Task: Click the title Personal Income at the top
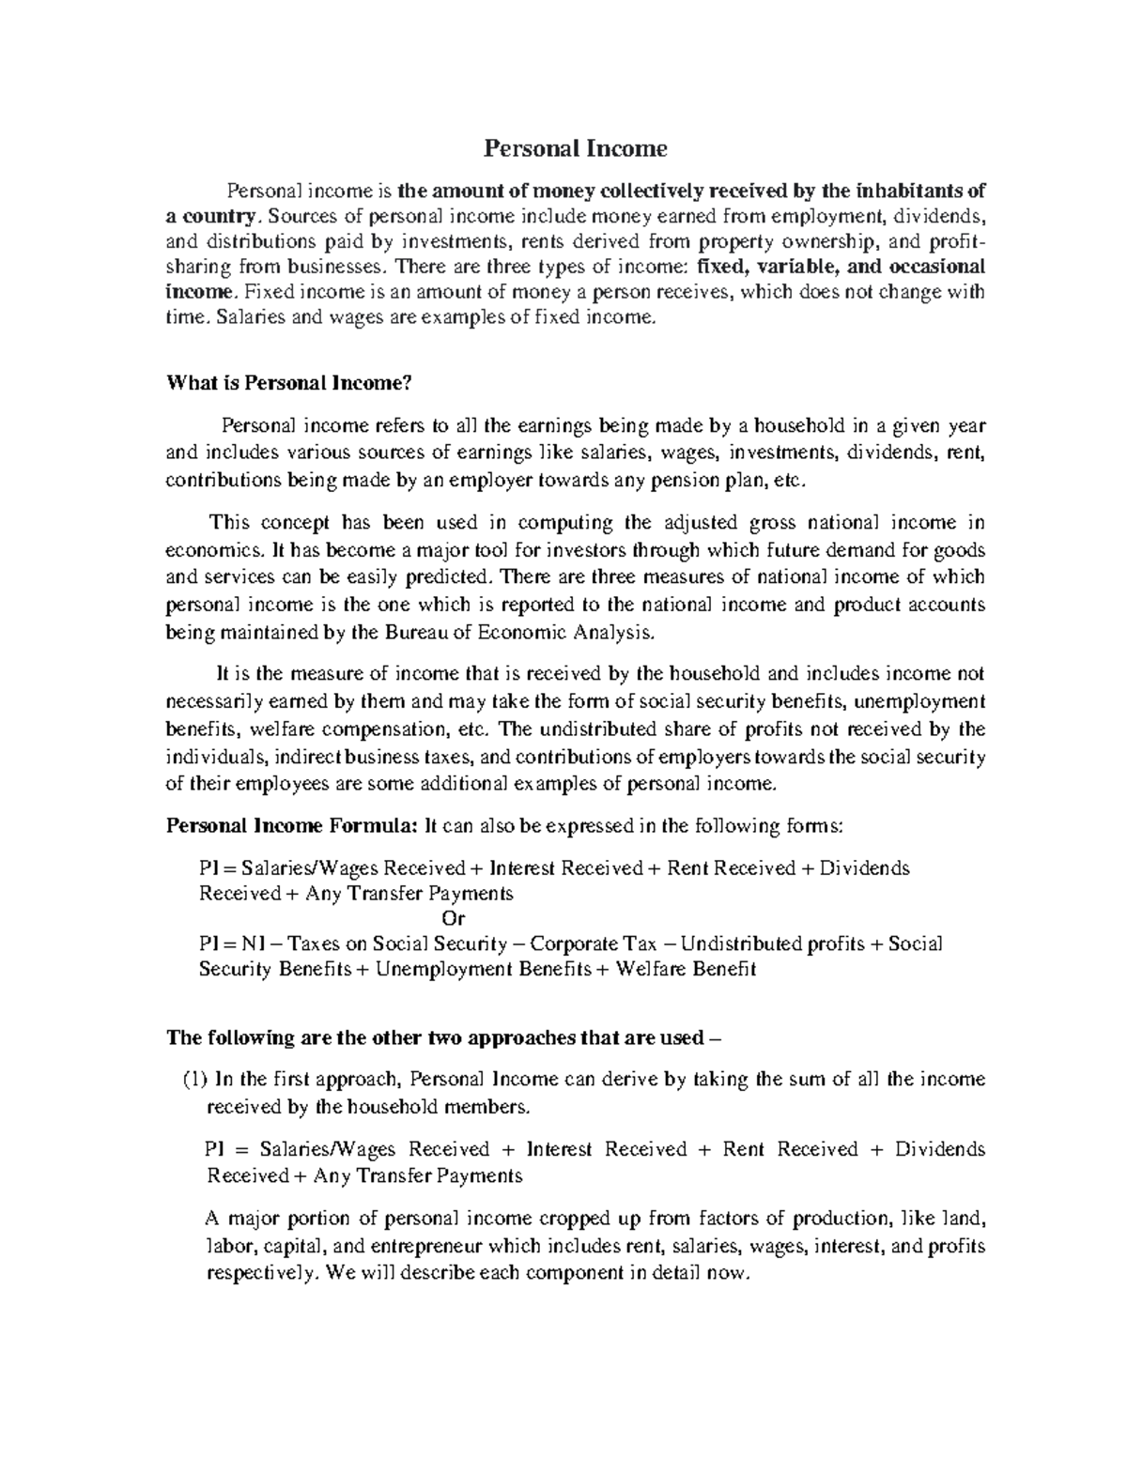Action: click(575, 148)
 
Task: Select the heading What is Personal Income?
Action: click(289, 382)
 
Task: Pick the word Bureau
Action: click(416, 632)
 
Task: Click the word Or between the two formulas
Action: click(453, 918)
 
